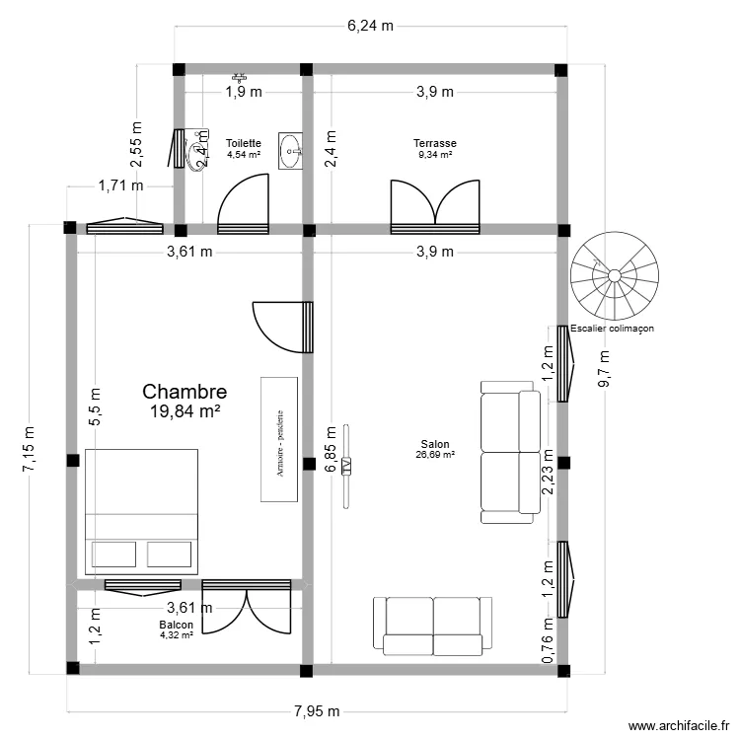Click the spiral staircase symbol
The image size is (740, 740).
point(615,276)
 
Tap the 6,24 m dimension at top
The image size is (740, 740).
point(370,26)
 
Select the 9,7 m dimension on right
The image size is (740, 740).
point(604,370)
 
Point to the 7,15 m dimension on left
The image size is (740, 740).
point(29,449)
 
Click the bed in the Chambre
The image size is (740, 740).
point(143,511)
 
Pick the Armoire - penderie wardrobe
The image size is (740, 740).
point(279,439)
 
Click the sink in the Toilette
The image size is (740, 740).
point(292,151)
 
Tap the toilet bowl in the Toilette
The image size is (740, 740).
point(200,148)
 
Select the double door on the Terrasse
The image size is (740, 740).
point(435,207)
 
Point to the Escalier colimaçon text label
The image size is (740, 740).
point(612,329)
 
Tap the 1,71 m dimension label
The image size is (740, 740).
point(120,185)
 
